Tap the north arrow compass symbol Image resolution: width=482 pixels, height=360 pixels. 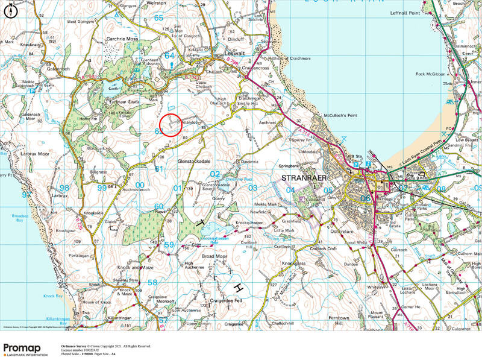tap(11, 11)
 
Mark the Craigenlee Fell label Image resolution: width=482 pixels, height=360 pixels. tap(226, 300)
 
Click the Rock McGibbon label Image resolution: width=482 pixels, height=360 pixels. tap(430, 74)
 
